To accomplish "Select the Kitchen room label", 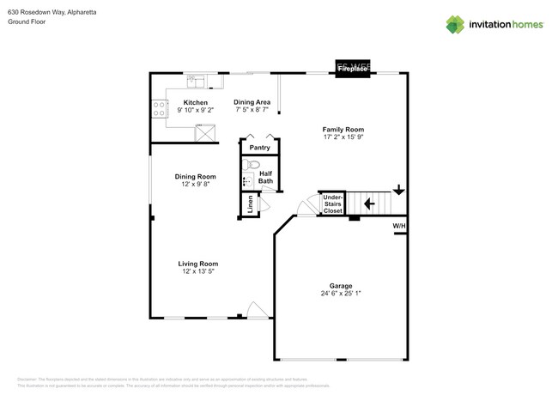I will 195,102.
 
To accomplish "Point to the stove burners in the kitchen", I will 159,108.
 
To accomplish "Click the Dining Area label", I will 252,102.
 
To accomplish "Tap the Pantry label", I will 259,148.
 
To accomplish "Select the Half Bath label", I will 266,176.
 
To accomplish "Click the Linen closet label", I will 250,204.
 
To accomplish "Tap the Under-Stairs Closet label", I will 332,204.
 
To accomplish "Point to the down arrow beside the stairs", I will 398,190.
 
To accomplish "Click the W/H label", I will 399,227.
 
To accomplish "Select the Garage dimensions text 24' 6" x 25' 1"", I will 341,294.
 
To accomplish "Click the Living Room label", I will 197,264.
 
